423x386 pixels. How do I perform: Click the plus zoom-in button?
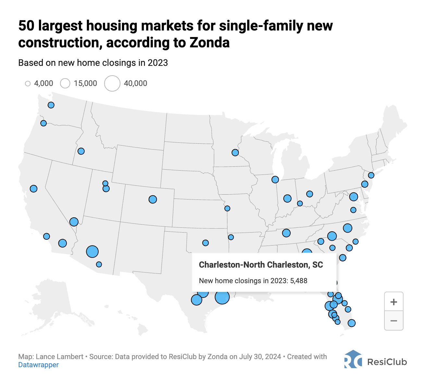393,302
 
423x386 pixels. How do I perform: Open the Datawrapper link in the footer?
38,365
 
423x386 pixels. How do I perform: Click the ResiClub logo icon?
353,359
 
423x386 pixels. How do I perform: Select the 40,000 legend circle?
112,83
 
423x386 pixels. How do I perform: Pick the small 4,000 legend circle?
28,84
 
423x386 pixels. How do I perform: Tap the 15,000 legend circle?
65,83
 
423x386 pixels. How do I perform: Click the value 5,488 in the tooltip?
298,281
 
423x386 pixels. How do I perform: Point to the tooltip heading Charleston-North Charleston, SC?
261,265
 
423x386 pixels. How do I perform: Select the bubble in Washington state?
51,105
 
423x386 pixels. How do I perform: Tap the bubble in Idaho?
81,151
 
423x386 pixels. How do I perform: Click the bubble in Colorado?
153,199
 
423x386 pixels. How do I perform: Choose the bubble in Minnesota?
235,152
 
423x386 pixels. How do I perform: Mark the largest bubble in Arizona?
92,251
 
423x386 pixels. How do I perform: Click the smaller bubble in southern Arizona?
99,264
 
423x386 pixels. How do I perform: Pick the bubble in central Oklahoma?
205,243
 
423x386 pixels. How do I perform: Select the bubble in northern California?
33,188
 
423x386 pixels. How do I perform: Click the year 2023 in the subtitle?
158,63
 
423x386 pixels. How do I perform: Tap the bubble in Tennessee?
286,233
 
